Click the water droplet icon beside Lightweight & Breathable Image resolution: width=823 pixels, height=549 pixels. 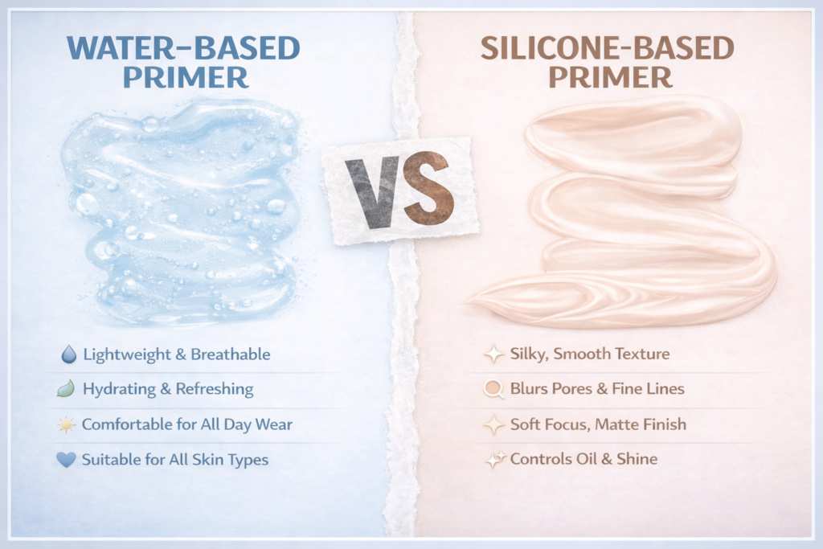coord(68,354)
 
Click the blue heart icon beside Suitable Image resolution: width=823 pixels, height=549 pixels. coord(67,460)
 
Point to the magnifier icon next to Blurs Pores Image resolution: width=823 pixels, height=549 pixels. coord(494,389)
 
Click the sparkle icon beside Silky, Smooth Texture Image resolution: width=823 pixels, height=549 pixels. coord(494,354)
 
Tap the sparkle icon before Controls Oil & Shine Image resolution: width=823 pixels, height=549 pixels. coord(494,459)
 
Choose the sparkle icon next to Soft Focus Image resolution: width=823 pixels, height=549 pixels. coord(494,424)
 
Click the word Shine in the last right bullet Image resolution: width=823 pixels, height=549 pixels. coord(637,459)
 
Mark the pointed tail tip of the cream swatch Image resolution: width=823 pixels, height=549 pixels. coord(469,301)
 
